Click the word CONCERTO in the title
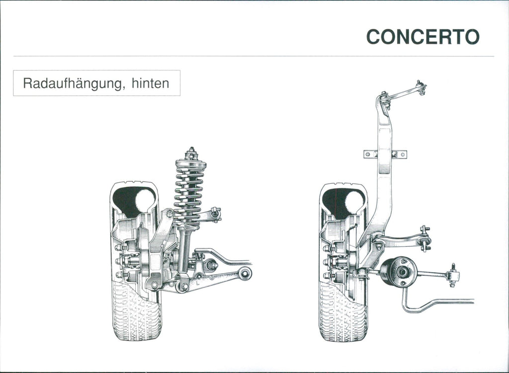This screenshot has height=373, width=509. [423, 37]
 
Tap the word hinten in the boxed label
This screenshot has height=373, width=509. [150, 83]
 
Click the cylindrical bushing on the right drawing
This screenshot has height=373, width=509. [399, 272]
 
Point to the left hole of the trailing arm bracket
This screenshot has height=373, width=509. [368, 154]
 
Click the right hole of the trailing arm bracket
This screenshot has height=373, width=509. [403, 154]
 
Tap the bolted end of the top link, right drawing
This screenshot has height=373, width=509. [421, 87]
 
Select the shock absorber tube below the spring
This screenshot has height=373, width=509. [184, 250]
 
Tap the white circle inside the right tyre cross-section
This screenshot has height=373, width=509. [354, 202]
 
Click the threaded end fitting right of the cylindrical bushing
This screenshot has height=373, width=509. [452, 275]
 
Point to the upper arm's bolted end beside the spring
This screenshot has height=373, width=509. [215, 214]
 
